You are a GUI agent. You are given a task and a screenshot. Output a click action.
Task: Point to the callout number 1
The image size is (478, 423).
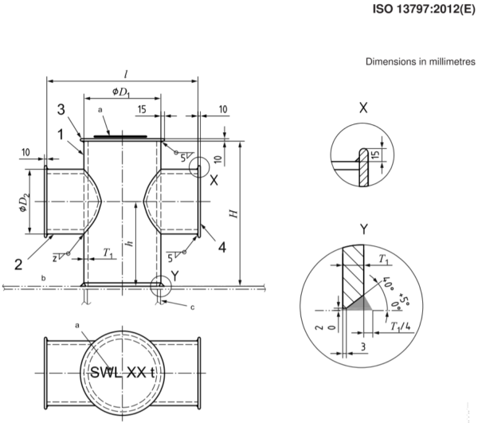[61, 135]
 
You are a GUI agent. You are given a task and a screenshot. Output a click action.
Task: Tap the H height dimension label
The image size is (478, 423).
[232, 213]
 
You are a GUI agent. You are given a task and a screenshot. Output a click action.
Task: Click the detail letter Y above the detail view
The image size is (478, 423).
[363, 229]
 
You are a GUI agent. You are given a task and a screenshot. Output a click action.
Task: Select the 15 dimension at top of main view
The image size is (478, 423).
[142, 108]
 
